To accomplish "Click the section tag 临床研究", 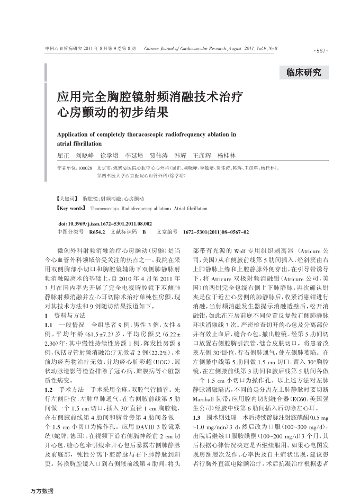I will click(303, 73).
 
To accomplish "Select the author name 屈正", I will click(63, 156).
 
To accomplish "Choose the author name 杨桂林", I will click(227, 156).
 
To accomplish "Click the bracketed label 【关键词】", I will click(67, 199).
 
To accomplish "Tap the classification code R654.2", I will click(97, 232).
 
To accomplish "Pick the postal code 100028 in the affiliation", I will click(85, 167).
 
